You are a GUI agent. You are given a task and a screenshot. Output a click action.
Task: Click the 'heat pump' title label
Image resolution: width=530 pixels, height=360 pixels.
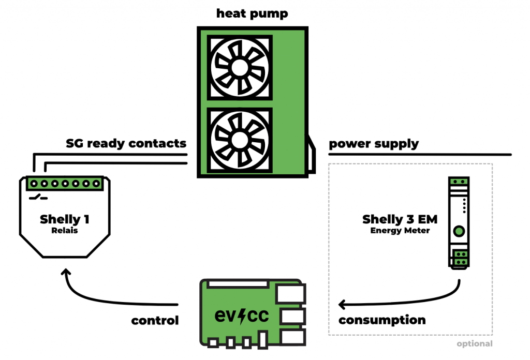(252, 13)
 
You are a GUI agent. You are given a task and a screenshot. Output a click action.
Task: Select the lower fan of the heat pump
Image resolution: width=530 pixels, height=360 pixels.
(239, 139)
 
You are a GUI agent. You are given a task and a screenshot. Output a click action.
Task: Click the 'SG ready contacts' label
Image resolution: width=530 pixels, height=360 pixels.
(126, 143)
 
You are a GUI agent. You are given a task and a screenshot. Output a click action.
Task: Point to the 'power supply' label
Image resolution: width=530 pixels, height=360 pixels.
(374, 143)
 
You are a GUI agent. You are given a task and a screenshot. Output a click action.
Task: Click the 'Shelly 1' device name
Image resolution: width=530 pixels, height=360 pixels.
(65, 219)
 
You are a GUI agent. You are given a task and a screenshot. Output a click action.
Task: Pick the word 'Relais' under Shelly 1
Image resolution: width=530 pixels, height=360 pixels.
(65, 231)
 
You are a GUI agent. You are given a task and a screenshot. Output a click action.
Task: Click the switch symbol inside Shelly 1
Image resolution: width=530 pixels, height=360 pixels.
(38, 198)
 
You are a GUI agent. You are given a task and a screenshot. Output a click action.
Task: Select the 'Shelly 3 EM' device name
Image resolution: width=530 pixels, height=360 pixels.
(400, 220)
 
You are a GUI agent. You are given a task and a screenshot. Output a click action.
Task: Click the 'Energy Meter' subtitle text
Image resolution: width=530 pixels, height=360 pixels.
(400, 231)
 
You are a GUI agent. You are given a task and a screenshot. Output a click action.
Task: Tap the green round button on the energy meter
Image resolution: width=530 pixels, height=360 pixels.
(459, 231)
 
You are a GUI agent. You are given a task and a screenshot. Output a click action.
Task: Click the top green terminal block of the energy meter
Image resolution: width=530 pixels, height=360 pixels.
(459, 182)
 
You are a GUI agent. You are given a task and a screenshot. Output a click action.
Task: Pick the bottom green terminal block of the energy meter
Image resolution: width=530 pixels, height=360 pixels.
(459, 258)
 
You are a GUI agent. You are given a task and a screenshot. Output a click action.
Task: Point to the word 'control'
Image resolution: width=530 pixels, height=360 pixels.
(155, 321)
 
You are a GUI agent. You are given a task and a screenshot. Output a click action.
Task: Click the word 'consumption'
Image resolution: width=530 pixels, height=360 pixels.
(382, 320)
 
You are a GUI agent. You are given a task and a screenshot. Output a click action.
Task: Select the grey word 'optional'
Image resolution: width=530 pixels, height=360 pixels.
(474, 343)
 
